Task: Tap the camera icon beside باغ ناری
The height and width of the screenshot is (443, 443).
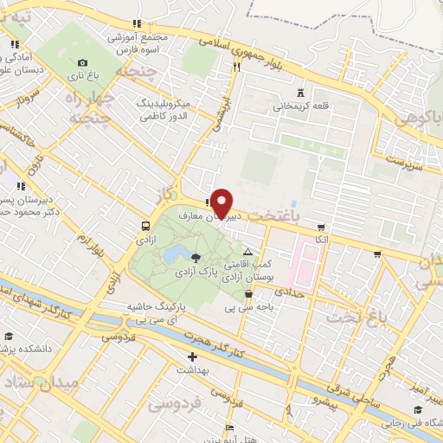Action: (x=82, y=62)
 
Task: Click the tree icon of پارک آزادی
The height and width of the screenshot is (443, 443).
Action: (x=196, y=256)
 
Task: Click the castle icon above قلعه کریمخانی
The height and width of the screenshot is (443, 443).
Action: (x=300, y=93)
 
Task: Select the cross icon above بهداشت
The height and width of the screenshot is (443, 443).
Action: (x=192, y=356)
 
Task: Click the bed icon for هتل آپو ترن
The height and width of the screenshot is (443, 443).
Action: (x=229, y=428)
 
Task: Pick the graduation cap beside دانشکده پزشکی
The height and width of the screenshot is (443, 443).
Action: (x=9, y=337)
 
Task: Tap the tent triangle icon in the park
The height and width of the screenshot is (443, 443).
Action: (x=247, y=251)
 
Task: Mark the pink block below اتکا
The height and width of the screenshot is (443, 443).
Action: (x=302, y=265)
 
